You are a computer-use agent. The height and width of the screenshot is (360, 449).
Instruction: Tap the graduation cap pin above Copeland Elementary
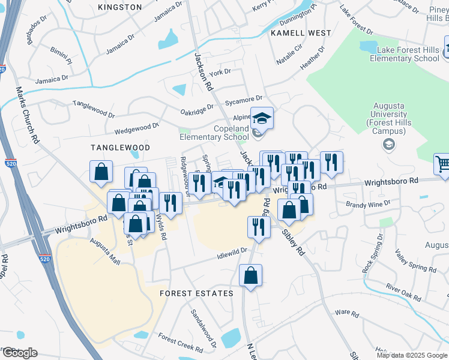tap(262, 117)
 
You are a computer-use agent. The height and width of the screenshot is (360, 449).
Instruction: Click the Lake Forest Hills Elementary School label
tap(404, 54)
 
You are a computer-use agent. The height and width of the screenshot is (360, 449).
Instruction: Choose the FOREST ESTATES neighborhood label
tap(196, 293)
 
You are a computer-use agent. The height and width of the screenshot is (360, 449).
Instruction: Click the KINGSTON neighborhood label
tap(119, 7)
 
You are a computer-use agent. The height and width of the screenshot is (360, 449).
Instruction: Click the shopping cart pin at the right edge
tap(443, 163)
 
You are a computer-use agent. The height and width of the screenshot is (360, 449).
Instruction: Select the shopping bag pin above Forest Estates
tap(250, 276)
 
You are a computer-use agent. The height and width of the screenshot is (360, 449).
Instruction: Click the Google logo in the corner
tap(20, 353)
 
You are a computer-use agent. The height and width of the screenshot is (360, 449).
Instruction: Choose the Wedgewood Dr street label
tap(136, 127)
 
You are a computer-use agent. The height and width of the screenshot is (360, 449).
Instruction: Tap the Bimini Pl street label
tap(62, 58)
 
